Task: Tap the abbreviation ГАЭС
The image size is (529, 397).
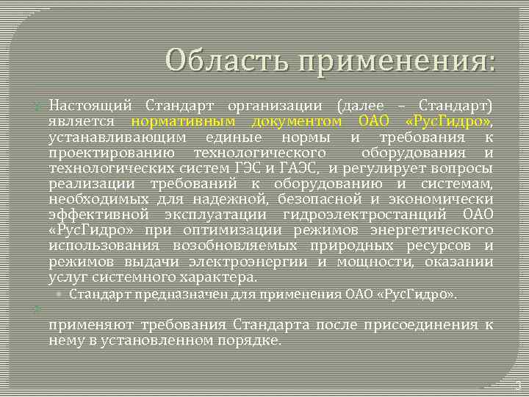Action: click(298, 168)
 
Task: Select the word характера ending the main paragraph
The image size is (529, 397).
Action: click(216, 277)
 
